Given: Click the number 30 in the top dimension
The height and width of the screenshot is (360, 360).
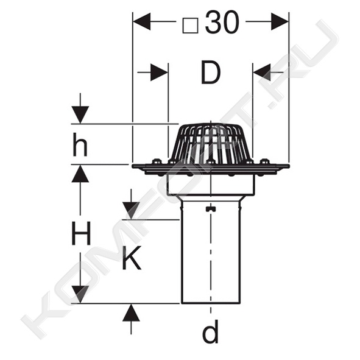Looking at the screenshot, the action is click(x=222, y=23).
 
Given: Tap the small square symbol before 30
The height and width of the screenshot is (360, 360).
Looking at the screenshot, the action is click(x=190, y=26).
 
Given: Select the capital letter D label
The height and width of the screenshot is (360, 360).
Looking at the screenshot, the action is click(x=211, y=72).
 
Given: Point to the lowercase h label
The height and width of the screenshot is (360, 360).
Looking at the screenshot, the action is click(x=80, y=144).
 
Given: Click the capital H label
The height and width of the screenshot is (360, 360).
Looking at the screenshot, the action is click(x=81, y=233).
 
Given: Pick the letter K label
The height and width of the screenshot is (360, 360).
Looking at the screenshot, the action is click(x=132, y=258).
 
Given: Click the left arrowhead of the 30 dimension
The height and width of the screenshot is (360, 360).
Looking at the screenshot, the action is click(x=142, y=21).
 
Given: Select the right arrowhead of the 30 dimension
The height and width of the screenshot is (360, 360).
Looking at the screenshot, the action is click(x=280, y=21).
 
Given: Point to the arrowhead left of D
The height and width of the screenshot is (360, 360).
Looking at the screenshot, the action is click(x=160, y=72).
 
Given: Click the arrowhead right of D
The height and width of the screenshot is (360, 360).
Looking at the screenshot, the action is click(x=262, y=72).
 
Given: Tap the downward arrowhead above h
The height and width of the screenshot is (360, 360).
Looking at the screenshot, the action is click(x=80, y=115).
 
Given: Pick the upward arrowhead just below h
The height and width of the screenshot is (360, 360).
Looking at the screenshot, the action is click(x=80, y=174).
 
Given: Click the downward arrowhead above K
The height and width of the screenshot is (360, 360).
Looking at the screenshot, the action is click(x=131, y=211).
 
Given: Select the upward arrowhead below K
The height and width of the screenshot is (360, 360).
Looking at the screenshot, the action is click(x=131, y=312).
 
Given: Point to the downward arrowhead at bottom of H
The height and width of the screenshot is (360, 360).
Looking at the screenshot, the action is click(x=80, y=294).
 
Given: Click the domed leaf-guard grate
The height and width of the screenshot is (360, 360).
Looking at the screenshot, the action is click(x=211, y=143).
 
